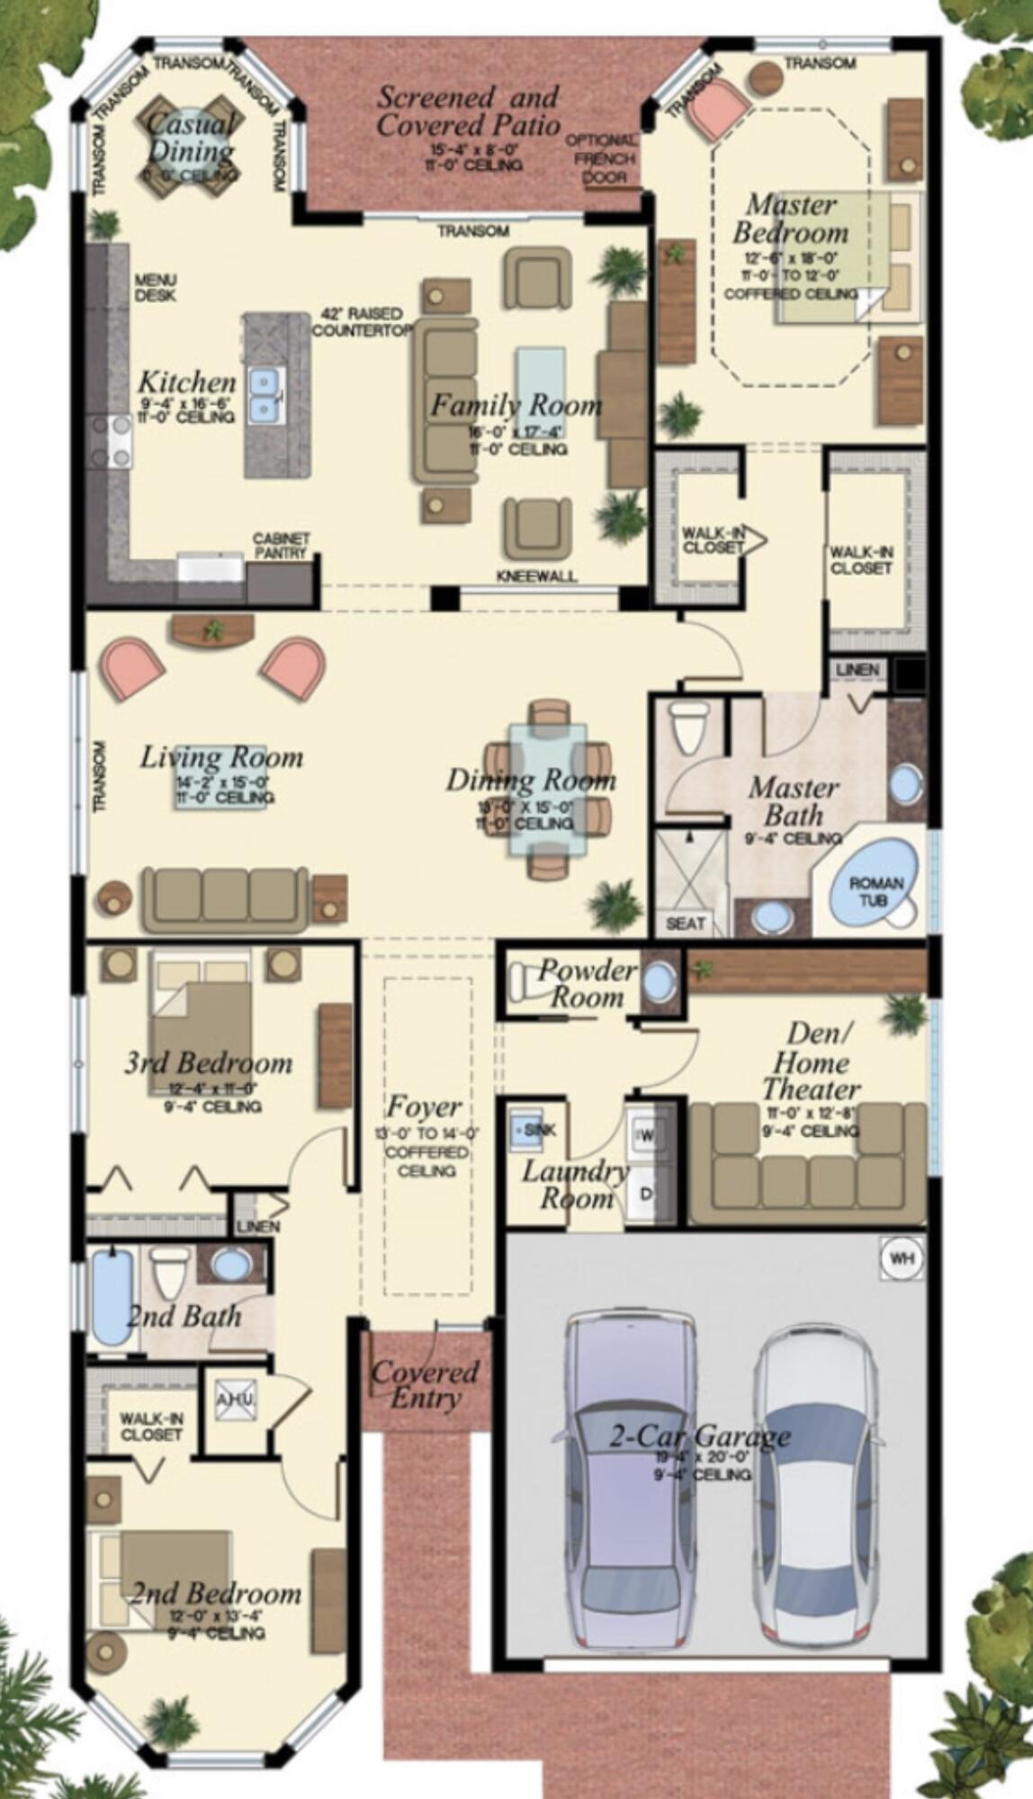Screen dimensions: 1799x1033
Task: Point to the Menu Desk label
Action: (x=156, y=288)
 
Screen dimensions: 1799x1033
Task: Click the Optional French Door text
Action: (x=601, y=159)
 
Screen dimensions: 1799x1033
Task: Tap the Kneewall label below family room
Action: (x=536, y=576)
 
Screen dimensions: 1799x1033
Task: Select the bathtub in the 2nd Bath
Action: (x=112, y=1296)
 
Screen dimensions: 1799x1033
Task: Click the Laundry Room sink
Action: (x=532, y=1129)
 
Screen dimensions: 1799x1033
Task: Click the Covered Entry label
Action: (x=425, y=1384)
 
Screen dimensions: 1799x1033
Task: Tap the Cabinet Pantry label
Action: (x=281, y=546)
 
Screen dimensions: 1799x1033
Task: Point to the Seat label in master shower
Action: (x=685, y=923)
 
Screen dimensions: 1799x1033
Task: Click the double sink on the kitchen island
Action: (x=265, y=395)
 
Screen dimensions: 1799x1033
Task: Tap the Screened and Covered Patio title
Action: (x=468, y=110)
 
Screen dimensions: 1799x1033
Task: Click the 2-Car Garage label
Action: (x=700, y=1436)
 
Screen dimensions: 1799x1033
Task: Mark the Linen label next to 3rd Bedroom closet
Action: (x=258, y=1226)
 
